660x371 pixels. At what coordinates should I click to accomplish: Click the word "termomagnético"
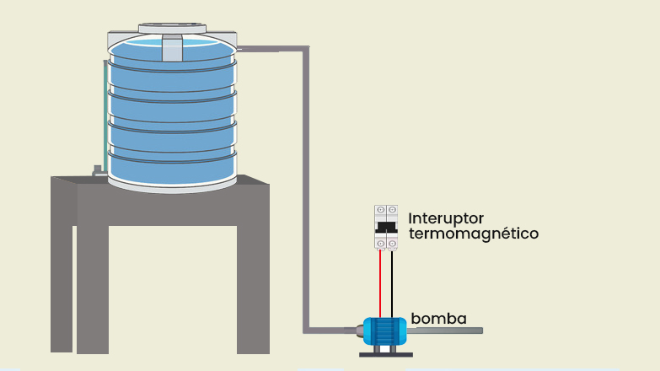[x=473, y=234]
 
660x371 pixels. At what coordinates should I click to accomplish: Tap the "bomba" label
[x=438, y=319]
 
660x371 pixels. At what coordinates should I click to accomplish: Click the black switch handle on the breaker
[x=386, y=226]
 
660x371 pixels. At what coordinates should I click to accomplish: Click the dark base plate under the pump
[x=386, y=353]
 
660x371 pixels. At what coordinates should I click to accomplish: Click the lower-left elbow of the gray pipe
[x=308, y=328]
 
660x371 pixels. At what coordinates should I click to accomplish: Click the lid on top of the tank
[x=173, y=29]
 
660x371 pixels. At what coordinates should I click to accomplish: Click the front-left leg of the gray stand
[x=93, y=278]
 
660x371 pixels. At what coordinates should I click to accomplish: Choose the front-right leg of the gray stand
[x=252, y=278]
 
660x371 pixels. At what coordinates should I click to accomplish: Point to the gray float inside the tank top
[x=173, y=49]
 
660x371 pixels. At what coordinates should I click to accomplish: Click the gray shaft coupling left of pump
[x=357, y=331]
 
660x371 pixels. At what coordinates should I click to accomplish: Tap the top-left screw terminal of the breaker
[x=381, y=209]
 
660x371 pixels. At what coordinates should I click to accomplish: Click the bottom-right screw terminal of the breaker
[x=392, y=245]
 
